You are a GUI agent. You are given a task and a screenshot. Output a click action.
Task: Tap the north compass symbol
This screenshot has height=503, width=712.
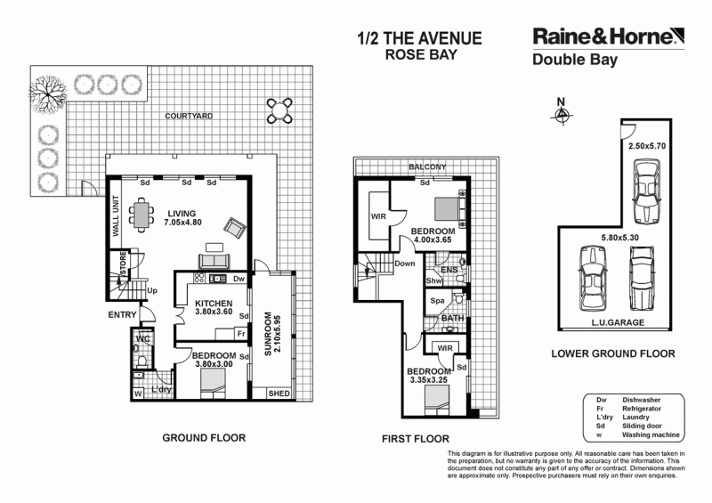pos(561,116)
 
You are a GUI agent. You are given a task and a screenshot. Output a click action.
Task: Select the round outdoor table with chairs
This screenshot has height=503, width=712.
pos(280,110)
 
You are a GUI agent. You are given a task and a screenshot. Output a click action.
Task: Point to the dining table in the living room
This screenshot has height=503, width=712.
pos(142,215)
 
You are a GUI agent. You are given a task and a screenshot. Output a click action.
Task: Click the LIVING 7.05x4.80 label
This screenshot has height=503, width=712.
pos(184,218)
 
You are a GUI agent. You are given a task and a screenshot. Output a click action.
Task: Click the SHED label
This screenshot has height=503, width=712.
pos(279,393)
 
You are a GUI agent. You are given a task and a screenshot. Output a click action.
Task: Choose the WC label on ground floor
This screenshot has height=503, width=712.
pos(142,339)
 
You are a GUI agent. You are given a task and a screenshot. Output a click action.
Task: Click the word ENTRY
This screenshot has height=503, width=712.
pos(122,315)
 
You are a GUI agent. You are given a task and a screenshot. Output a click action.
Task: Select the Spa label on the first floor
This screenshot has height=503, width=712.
pos(436,301)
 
